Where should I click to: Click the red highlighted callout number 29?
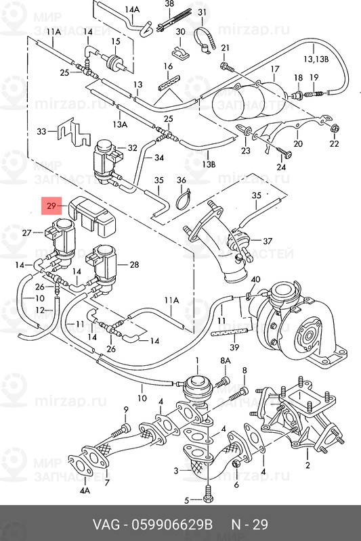pyautogui.click(x=51, y=205)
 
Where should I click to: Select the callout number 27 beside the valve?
pyautogui.click(x=27, y=233)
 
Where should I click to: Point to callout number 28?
pyautogui.click(x=133, y=264)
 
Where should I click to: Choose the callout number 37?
pyautogui.click(x=267, y=241)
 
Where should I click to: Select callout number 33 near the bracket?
pyautogui.click(x=42, y=131)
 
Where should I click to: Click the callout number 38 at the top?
pyautogui.click(x=169, y=4)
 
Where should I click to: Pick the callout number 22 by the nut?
pyautogui.click(x=333, y=144)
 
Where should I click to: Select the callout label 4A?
pyautogui.click(x=85, y=489)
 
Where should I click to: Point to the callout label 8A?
pyautogui.click(x=225, y=360)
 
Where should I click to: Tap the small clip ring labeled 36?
pyautogui.click(x=181, y=199)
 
